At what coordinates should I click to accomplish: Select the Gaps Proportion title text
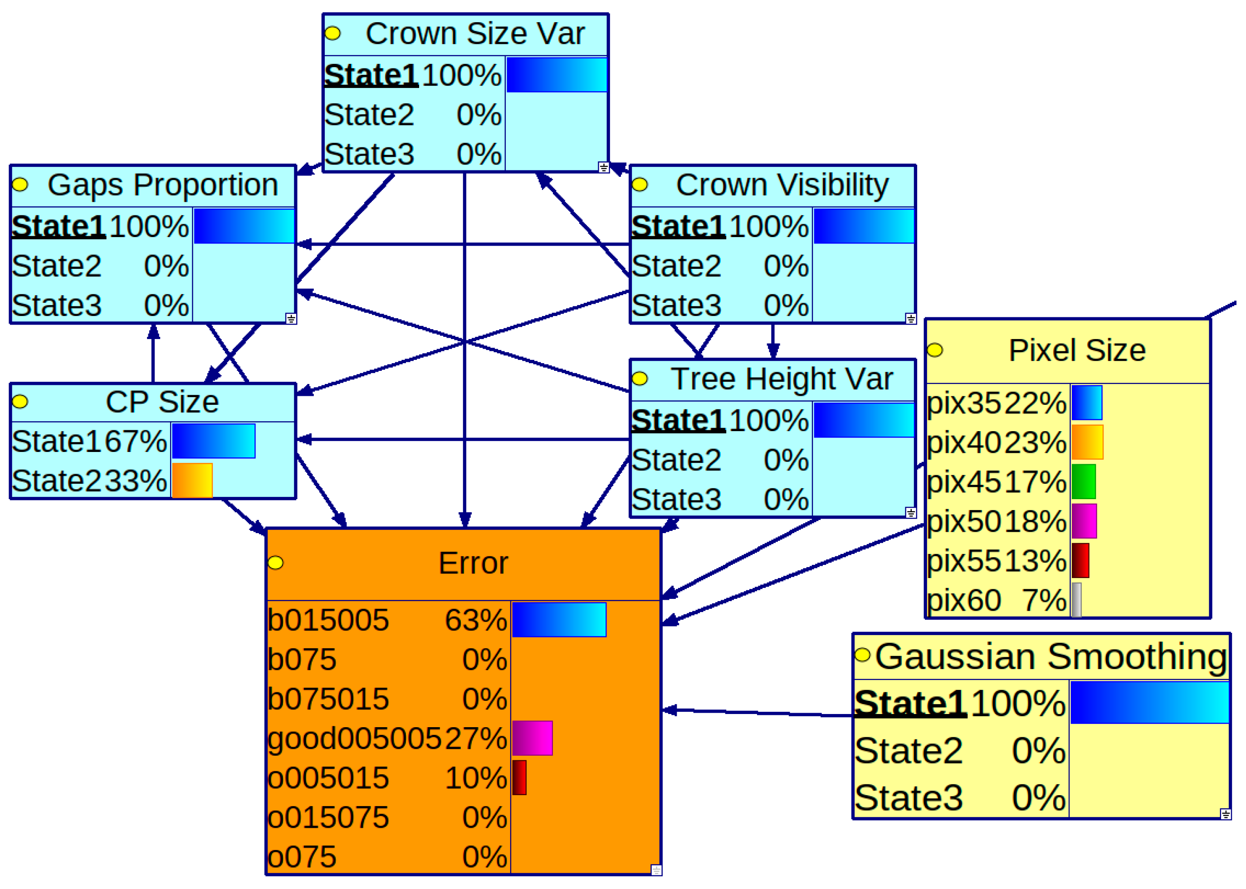163,185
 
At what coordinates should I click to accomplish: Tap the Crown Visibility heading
782,185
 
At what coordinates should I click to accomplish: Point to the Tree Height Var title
782,379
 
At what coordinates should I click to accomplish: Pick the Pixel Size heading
1077,350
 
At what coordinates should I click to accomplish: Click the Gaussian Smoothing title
1051,657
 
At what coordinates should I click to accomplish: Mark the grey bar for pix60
1076,600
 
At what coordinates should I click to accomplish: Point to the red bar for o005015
519,778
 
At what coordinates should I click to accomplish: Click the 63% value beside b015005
475,620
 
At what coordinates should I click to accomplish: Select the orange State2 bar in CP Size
192,481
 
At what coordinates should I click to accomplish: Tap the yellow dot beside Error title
275,563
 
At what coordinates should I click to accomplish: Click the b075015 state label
328,699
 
